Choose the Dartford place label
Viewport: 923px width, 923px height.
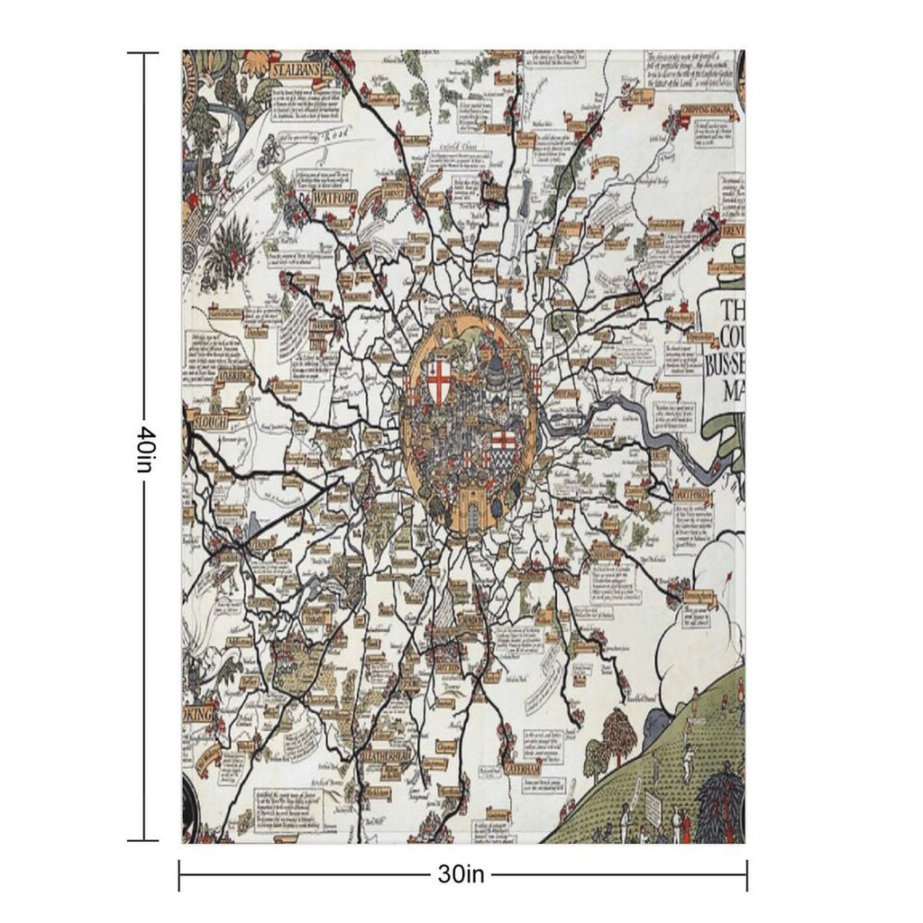691,497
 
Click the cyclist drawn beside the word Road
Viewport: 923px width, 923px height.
270,155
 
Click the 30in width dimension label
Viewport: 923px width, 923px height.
462,873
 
